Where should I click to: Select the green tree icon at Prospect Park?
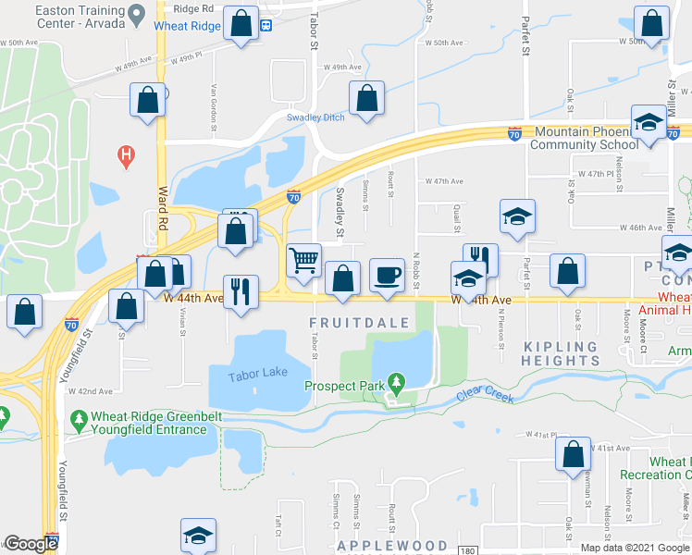click(397, 381)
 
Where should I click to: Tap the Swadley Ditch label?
click(315, 117)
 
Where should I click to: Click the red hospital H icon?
click(127, 156)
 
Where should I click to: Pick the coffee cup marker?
click(387, 275)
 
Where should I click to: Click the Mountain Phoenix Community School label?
click(585, 138)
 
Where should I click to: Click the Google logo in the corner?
click(31, 543)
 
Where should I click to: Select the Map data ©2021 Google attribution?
click(635, 548)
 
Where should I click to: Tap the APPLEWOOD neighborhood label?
click(392, 546)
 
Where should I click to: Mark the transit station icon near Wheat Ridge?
click(266, 25)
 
